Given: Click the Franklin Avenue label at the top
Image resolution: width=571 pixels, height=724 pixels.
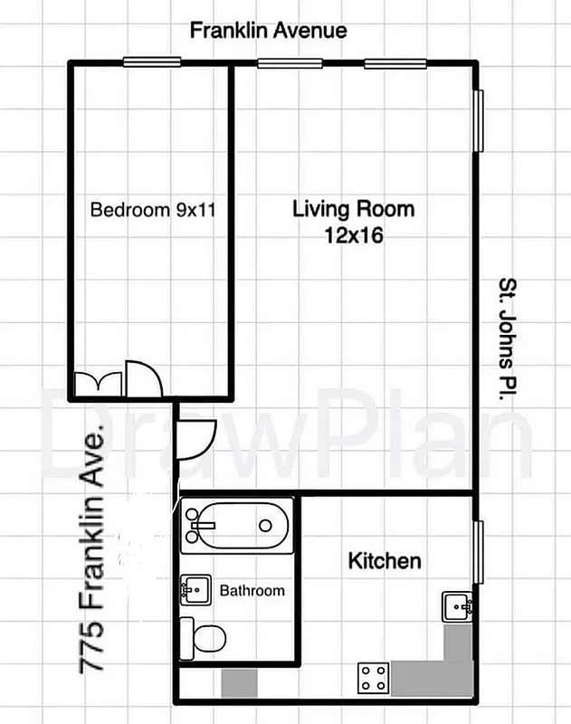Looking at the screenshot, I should [268, 31].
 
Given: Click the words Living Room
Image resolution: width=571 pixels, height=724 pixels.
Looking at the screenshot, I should [353, 209].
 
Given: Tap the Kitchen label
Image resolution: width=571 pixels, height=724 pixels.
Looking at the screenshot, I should [385, 561].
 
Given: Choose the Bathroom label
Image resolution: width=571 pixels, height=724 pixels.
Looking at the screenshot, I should [252, 591].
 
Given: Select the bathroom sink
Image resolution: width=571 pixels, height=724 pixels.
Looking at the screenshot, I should [195, 590].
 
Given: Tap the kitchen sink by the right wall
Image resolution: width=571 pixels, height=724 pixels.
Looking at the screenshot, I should [455, 605].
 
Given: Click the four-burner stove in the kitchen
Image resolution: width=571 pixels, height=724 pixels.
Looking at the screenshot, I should [375, 677].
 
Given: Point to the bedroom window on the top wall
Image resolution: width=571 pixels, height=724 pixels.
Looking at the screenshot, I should [150, 62].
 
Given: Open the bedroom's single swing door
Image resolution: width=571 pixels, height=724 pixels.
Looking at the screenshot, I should [143, 379].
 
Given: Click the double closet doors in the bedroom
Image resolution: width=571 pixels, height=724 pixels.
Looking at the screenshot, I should [98, 384].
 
